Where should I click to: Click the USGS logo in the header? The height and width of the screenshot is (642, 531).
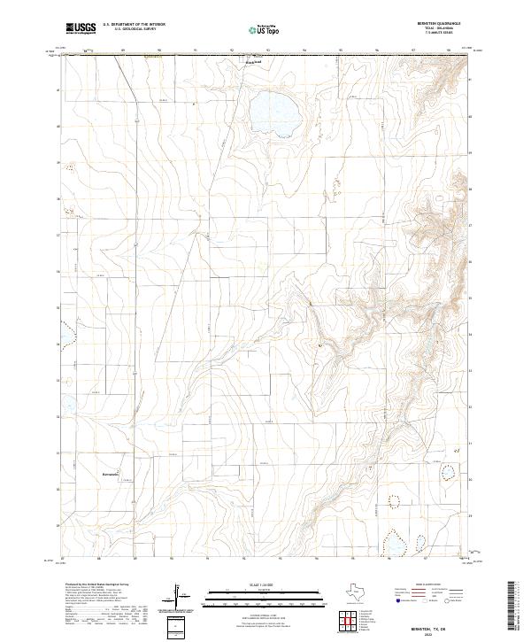coord(81,28)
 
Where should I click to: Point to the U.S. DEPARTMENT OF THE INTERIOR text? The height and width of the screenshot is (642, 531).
coord(134,25)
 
